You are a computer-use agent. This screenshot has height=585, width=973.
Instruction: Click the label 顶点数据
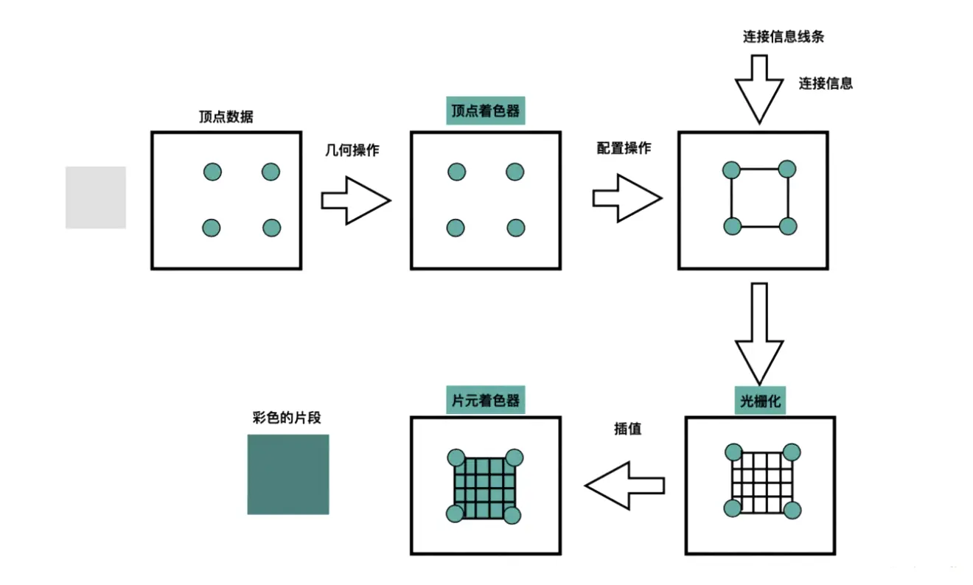coord(226,116)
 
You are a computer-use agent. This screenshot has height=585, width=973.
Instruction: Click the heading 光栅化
coord(760,402)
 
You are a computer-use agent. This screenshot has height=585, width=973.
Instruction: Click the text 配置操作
coord(624,147)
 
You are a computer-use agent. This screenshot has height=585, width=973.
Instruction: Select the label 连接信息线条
coord(783,37)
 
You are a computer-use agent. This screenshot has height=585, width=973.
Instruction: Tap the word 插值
coord(627,428)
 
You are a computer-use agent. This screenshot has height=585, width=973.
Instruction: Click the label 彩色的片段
coord(287,418)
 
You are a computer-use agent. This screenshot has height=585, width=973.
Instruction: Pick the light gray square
coord(96,197)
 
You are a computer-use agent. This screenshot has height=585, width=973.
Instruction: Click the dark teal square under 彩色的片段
coord(287,474)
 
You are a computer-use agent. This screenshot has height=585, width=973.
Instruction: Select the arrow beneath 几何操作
coord(355,200)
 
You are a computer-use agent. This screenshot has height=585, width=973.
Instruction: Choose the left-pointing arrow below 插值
coord(624,486)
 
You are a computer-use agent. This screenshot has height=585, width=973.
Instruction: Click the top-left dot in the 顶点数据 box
coord(212,172)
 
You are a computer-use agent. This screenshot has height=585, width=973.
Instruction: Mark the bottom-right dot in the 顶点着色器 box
coord(515,228)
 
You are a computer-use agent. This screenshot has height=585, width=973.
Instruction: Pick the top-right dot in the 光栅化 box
coord(792,452)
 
